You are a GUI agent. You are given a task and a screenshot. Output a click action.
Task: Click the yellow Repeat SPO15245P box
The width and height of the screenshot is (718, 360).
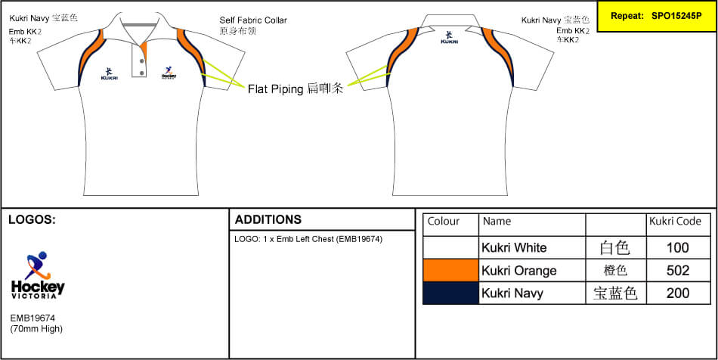coord(656,15)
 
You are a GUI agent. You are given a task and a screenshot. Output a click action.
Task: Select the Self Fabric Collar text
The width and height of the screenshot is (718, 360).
coord(253,20)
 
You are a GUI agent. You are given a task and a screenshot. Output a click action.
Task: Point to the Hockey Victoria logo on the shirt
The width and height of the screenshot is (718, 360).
coord(169,73)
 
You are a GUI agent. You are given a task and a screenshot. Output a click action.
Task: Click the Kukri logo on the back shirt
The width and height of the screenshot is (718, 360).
coord(449,37)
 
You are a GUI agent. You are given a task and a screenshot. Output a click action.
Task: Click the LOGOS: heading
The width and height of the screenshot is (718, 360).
coord(32,220)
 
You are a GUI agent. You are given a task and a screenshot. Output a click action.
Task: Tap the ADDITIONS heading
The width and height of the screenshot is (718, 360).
coord(268,220)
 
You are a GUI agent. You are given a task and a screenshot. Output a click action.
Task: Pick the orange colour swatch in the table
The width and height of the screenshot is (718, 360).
coord(450,270)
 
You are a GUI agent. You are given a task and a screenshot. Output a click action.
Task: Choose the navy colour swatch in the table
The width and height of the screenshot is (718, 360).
coord(450,293)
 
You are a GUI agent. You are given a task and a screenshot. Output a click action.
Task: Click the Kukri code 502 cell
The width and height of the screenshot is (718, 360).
coord(678,270)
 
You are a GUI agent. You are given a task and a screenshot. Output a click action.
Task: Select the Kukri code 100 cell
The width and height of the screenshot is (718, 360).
coord(678,247)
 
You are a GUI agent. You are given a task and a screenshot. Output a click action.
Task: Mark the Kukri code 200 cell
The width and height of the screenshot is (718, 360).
coord(678,293)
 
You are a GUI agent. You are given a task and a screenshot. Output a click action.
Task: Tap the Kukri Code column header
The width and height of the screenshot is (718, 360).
coord(675,222)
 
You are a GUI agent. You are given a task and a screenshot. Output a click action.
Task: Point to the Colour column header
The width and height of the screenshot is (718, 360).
coord(444,222)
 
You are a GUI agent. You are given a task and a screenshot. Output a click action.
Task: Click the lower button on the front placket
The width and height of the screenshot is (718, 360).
coord(141,72)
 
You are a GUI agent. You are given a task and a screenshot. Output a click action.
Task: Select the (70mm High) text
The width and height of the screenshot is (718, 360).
coord(36,330)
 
